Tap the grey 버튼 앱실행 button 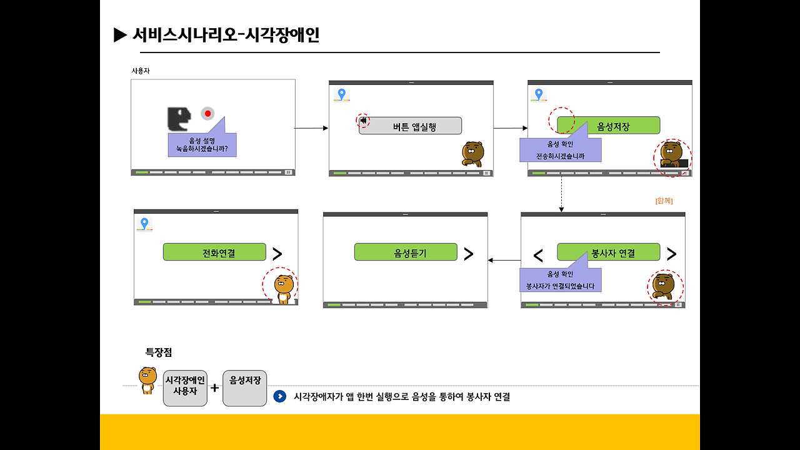click(411, 126)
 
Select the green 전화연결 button click(214, 252)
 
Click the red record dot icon click(207, 113)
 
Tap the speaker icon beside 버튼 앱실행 click(363, 120)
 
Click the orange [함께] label click(664, 201)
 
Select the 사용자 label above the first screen click(141, 71)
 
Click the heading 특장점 click(159, 352)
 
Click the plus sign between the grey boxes click(215, 387)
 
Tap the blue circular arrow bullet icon click(280, 396)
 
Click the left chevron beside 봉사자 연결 click(538, 255)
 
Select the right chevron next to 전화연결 click(277, 253)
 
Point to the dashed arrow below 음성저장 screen click(561, 194)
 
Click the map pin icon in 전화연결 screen click(144, 224)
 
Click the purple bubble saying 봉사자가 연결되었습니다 click(560, 280)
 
